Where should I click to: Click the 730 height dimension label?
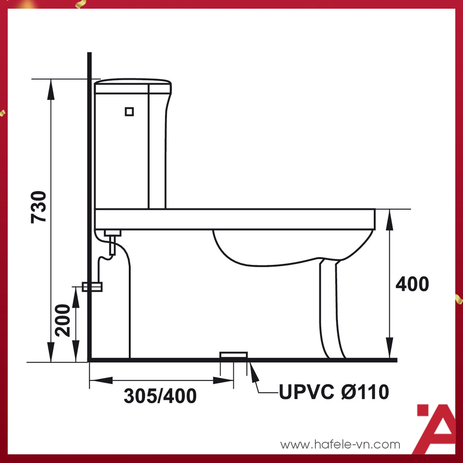(39, 207)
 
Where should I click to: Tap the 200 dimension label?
(63, 320)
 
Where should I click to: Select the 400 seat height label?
(412, 284)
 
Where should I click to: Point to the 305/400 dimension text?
(160, 395)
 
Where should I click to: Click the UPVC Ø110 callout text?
(334, 392)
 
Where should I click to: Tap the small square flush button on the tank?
(129, 111)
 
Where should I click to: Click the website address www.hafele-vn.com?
(340, 444)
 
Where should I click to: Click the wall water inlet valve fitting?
(92, 286)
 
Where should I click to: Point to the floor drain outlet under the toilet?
(233, 355)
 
